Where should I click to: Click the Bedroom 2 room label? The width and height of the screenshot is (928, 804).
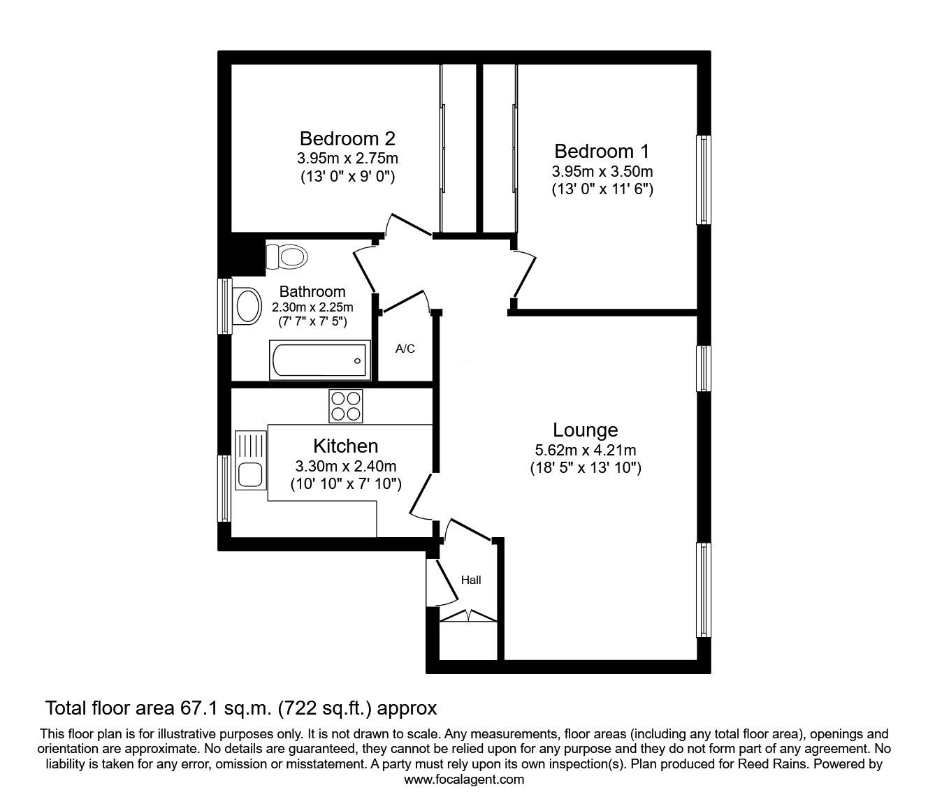(x=347, y=138)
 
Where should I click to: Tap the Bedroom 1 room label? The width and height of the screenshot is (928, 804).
(x=602, y=151)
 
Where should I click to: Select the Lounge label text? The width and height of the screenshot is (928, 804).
(x=585, y=430)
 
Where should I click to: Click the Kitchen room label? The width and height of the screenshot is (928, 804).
(x=345, y=446)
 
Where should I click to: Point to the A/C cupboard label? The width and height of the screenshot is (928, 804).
(x=405, y=349)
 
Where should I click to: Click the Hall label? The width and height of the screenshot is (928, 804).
(x=471, y=580)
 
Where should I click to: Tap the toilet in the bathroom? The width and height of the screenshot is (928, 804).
(x=287, y=256)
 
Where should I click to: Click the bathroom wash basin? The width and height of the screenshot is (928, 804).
(x=247, y=305)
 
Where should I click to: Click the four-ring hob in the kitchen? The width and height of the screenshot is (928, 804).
(x=346, y=406)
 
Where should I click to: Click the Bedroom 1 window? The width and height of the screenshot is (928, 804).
(x=704, y=180)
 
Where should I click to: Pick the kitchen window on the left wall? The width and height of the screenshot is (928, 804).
(x=224, y=488)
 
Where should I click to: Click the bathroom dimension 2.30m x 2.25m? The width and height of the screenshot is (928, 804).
(x=312, y=307)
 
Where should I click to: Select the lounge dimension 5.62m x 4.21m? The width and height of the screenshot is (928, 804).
(x=585, y=451)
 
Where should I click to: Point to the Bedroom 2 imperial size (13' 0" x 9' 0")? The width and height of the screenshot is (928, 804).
(x=347, y=176)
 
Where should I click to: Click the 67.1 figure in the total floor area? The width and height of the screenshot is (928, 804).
(x=190, y=708)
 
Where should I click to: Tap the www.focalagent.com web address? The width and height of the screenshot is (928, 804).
(x=463, y=780)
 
